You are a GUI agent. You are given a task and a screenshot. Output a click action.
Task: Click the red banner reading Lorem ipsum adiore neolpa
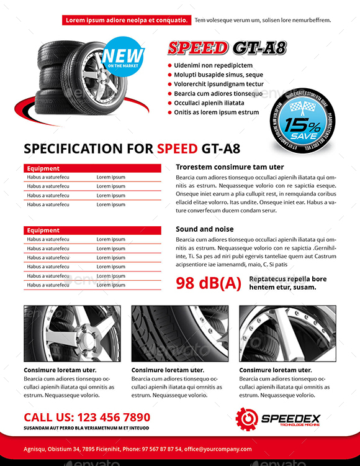point(127,20)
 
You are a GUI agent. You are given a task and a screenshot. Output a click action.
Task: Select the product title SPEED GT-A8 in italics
point(227,48)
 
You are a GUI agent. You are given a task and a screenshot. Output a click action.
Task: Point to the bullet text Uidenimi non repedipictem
point(213,65)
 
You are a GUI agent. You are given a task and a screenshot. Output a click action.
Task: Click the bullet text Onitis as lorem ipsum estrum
point(216,112)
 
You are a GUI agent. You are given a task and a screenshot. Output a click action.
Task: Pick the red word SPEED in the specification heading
point(177,148)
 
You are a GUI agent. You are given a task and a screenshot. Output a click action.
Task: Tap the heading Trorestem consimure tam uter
point(230,167)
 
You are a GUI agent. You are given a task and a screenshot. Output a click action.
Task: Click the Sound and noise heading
point(205,229)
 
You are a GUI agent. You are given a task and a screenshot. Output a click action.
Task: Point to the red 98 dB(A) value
point(209,283)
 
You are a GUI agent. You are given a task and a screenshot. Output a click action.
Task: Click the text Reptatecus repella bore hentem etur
point(287,283)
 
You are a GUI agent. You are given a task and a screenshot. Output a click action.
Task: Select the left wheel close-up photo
point(72,334)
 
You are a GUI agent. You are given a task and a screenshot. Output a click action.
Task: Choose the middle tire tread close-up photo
point(180,334)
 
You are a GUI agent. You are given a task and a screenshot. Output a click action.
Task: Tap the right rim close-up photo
point(287,334)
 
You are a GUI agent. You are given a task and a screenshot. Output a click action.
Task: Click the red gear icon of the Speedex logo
point(246,418)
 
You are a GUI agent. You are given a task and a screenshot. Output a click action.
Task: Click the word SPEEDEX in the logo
point(290,416)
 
